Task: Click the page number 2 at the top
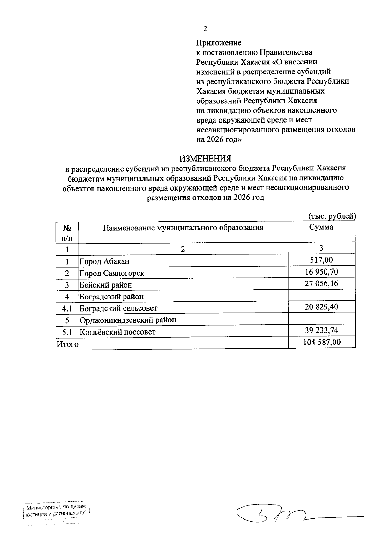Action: [205, 29]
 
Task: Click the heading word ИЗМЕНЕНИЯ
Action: [205, 158]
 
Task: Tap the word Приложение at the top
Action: [219, 43]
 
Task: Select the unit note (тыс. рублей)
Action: [332, 216]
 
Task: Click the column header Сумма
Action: [321, 227]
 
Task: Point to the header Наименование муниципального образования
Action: [183, 228]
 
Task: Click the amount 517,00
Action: [321, 260]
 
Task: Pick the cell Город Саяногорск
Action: [112, 274]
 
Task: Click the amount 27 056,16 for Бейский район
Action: [321, 283]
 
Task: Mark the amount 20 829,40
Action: [321, 307]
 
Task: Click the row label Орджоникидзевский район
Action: [128, 320]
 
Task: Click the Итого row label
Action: [67, 344]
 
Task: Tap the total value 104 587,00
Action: [321, 342]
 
